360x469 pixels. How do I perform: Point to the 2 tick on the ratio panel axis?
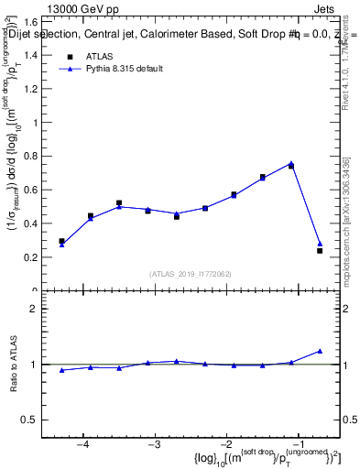click(x=42, y=309)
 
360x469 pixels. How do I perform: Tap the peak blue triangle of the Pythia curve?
click(x=291, y=164)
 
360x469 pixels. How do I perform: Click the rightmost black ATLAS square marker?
click(x=320, y=250)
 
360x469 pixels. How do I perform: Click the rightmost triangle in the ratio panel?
click(x=320, y=351)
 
